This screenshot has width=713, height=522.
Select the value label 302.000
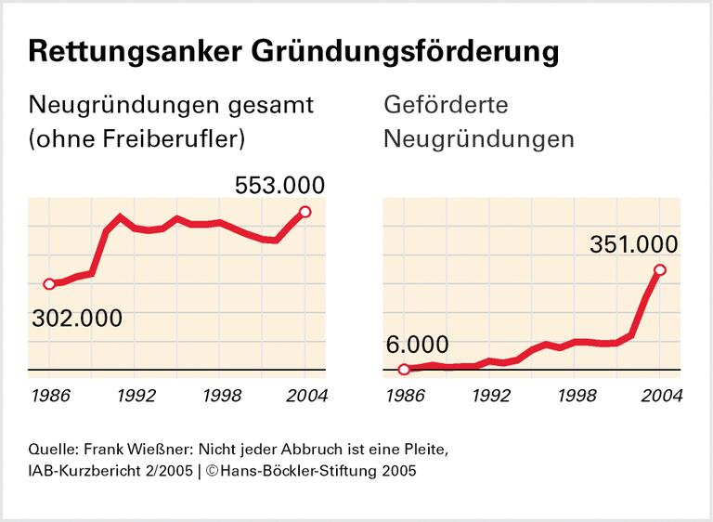(x=77, y=318)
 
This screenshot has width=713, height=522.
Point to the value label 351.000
(x=634, y=244)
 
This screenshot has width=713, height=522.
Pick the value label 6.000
(x=416, y=344)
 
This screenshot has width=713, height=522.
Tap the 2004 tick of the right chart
(x=660, y=395)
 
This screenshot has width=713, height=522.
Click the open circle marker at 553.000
(x=305, y=212)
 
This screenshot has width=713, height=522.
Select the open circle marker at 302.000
(x=48, y=284)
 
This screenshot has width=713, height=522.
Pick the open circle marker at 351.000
(x=660, y=270)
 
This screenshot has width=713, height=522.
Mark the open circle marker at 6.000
(x=404, y=370)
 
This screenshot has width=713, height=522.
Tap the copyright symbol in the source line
(x=213, y=471)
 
